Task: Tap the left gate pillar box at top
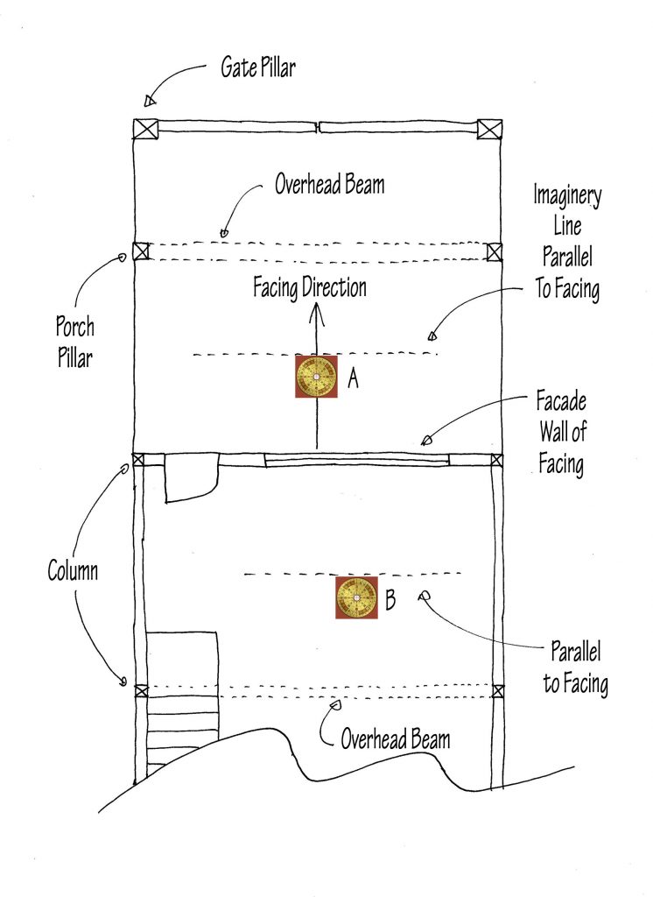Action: (144, 128)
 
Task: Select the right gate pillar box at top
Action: (489, 128)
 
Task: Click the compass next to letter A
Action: (316, 378)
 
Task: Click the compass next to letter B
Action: (357, 598)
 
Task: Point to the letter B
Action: (390, 601)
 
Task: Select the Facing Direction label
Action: (310, 287)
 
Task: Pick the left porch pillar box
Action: (141, 251)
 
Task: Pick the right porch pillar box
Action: (495, 252)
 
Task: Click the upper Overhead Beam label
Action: (329, 186)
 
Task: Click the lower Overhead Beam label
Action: (396, 738)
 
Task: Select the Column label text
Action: (73, 572)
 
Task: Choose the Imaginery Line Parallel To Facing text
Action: (567, 243)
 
